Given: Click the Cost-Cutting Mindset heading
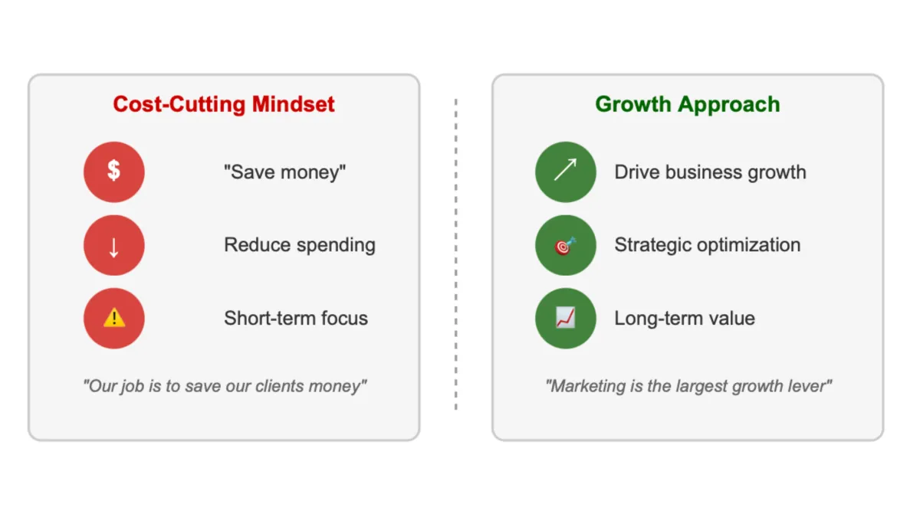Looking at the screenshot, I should [224, 104].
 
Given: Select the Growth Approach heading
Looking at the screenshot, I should [687, 104].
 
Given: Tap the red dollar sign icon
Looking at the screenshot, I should [113, 172].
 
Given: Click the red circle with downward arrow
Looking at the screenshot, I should [113, 245].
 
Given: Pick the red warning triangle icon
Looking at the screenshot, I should [113, 319].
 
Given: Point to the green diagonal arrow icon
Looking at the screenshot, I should [565, 172].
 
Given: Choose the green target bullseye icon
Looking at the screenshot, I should [565, 245].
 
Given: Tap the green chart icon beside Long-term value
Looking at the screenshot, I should [565, 319].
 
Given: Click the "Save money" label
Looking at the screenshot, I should [284, 172].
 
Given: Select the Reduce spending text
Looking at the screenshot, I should [299, 245].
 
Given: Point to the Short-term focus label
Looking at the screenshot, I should [295, 319].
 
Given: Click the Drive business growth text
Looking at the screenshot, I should [710, 172].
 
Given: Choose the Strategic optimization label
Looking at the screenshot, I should [707, 245].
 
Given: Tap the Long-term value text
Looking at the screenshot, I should [684, 319].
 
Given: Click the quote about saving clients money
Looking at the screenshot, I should [225, 386].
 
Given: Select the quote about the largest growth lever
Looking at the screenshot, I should [688, 386].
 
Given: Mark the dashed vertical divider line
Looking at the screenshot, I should [456, 253].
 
